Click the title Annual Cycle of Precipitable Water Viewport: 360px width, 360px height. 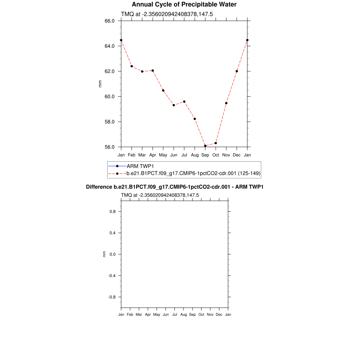point(184,5)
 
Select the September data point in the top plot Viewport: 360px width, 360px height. point(205,146)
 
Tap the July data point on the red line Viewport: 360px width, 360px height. point(184,102)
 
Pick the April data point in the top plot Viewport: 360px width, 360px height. point(153,71)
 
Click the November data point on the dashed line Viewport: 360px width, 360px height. point(226,103)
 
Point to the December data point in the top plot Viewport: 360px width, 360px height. point(237,71)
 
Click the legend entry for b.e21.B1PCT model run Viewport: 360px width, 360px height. point(193,173)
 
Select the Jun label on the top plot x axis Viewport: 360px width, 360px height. point(174,155)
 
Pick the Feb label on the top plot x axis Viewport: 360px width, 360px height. point(131,155)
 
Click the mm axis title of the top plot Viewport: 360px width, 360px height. point(100,84)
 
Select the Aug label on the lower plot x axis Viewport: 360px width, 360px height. point(184,315)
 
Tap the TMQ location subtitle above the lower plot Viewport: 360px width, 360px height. point(160,195)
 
